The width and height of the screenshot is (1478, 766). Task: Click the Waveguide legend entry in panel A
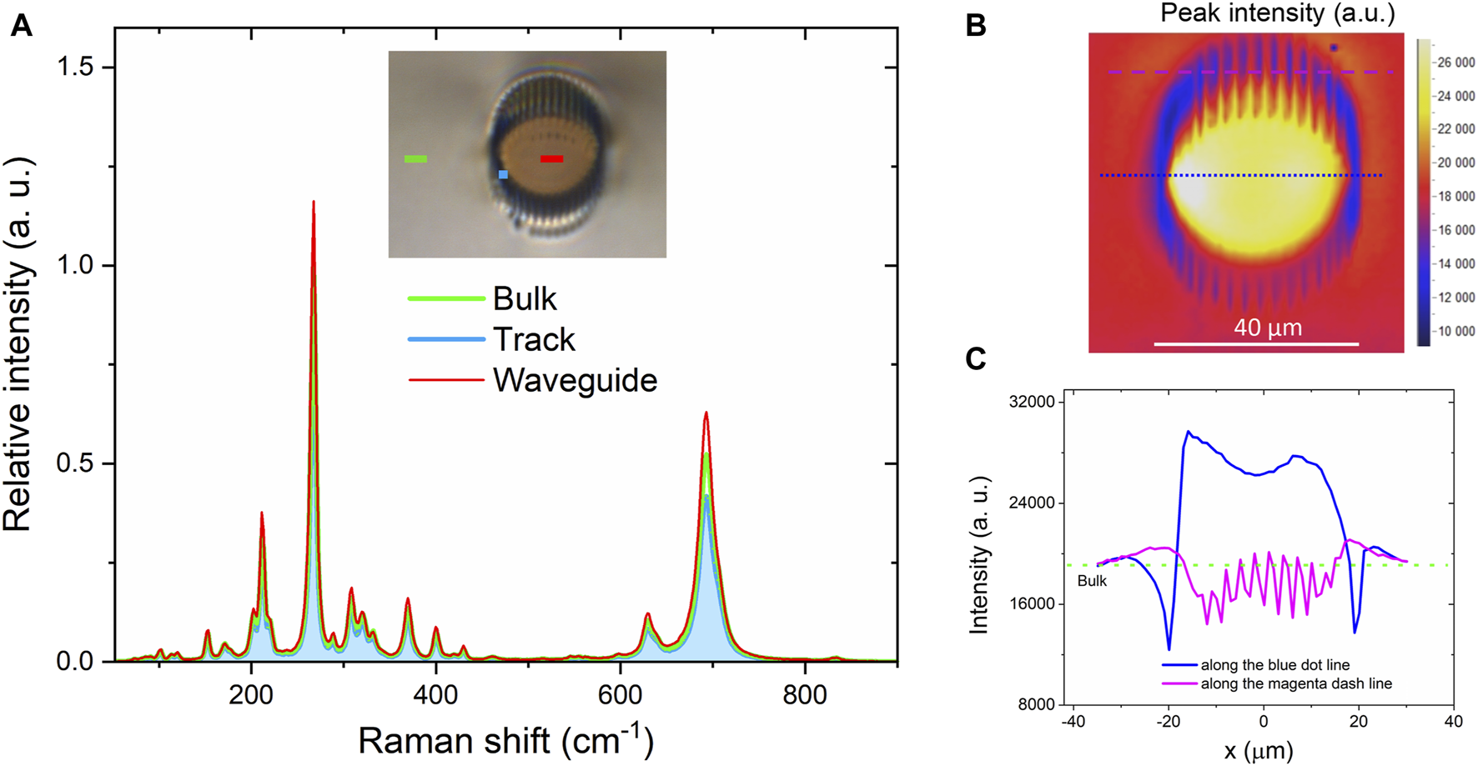click(x=575, y=380)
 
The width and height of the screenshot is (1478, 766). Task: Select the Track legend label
click(x=534, y=339)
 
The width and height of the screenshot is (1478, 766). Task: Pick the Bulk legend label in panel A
click(x=525, y=298)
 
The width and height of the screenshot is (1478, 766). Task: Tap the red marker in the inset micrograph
click(x=551, y=158)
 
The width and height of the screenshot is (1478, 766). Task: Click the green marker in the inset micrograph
click(x=415, y=158)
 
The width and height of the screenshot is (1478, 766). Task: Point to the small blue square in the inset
click(x=503, y=174)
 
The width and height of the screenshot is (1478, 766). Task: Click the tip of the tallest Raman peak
click(x=313, y=203)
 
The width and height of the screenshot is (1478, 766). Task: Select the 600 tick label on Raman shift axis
click(x=620, y=694)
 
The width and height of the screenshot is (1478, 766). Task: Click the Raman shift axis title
click(x=505, y=738)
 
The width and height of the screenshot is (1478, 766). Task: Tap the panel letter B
click(x=976, y=25)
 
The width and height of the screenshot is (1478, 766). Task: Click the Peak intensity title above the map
click(x=1277, y=13)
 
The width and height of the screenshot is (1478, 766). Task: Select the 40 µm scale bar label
click(x=1268, y=328)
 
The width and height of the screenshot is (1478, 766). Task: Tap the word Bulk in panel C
click(x=1092, y=581)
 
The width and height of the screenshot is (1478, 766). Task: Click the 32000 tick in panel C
click(x=1032, y=402)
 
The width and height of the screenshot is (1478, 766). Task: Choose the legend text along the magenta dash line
click(x=1296, y=683)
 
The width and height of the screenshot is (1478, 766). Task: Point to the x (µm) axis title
click(x=1258, y=750)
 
